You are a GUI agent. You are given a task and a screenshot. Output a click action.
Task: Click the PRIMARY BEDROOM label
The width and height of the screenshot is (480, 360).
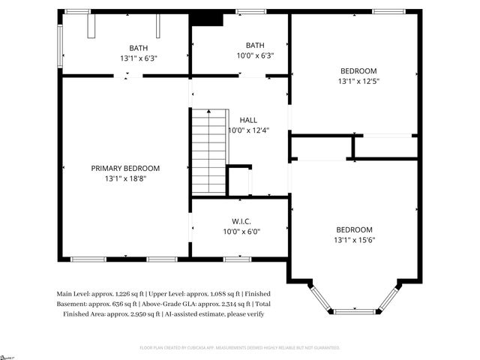tap(125, 169)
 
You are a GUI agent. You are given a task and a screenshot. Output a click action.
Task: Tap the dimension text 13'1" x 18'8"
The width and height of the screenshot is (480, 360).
tap(125, 179)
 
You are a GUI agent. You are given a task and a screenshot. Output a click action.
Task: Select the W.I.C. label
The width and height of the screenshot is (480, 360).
tap(240, 221)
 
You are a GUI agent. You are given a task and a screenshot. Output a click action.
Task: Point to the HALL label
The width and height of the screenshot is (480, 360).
tap(248, 120)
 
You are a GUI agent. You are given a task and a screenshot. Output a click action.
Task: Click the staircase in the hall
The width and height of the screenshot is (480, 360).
tap(208, 150)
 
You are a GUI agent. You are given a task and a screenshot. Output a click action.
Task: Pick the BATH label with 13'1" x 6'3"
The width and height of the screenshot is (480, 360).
tap(138, 47)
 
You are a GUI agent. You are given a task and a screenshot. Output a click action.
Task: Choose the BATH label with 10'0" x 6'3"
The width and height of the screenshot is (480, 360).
tap(255, 45)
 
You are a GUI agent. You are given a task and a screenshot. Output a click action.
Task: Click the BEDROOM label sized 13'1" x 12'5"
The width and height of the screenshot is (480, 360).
tap(355, 71)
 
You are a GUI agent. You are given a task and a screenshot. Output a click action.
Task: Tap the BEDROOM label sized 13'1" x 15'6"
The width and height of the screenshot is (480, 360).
tap(355, 229)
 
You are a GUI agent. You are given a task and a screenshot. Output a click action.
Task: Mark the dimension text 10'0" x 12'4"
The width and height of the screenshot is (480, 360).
tap(248, 130)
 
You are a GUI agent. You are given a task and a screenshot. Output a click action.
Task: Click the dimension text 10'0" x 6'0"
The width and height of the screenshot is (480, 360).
tap(240, 232)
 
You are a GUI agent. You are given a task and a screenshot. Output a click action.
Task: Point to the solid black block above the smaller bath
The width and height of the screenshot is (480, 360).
tap(207, 19)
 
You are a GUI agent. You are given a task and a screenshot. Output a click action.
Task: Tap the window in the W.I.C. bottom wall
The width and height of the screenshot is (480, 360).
tap(236, 259)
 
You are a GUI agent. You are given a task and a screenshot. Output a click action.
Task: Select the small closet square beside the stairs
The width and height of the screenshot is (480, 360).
tap(239, 181)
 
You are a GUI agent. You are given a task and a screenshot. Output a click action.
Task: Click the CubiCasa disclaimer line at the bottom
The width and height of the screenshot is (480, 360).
tap(240, 348)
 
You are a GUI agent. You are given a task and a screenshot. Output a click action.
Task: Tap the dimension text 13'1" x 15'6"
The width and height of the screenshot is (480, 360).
tap(355, 240)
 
